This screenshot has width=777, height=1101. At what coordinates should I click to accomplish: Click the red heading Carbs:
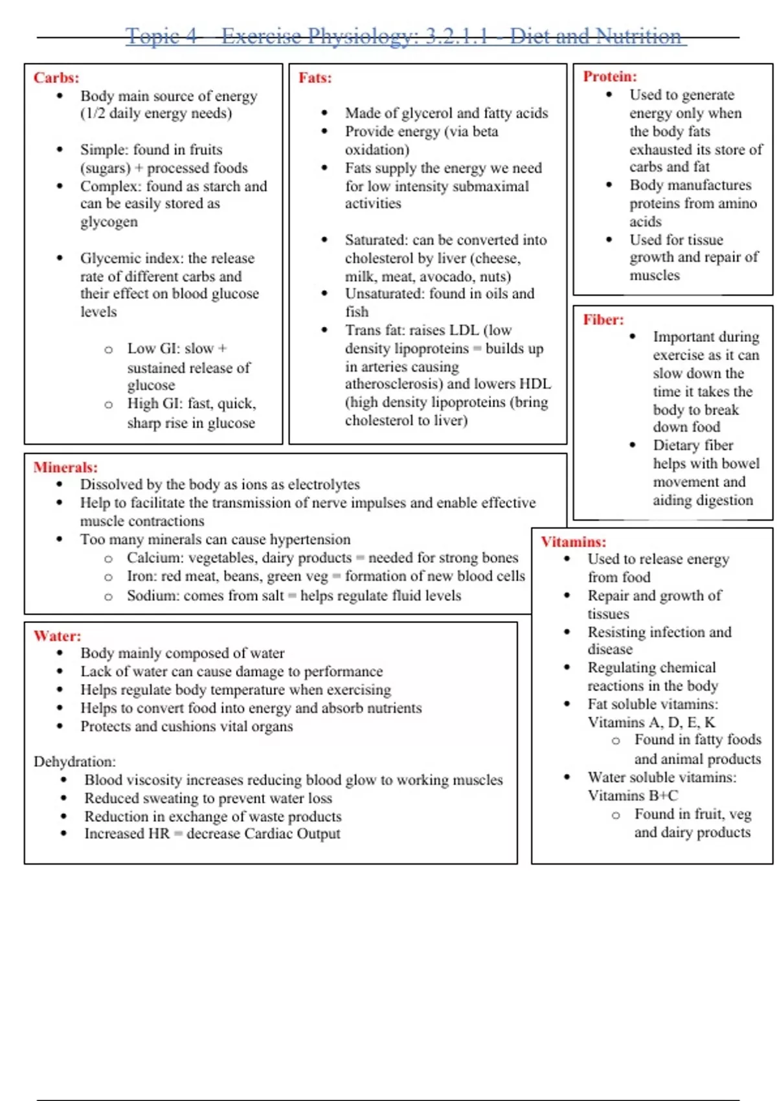click(x=56, y=78)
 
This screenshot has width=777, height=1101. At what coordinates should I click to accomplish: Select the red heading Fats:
click(x=315, y=78)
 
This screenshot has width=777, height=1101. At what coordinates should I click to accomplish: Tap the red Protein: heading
click(x=610, y=76)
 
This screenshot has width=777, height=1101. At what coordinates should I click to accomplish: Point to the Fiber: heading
click(x=603, y=319)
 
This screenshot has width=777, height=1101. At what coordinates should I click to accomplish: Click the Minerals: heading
click(x=65, y=467)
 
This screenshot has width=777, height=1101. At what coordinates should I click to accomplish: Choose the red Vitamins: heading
click(x=574, y=541)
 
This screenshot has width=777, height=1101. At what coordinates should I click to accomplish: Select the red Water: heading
click(x=57, y=636)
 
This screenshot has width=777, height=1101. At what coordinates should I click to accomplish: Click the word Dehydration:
click(x=74, y=762)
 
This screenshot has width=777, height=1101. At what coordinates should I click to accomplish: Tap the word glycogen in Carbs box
click(x=109, y=222)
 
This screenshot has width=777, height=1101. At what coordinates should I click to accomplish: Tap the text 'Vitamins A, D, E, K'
click(x=651, y=722)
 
